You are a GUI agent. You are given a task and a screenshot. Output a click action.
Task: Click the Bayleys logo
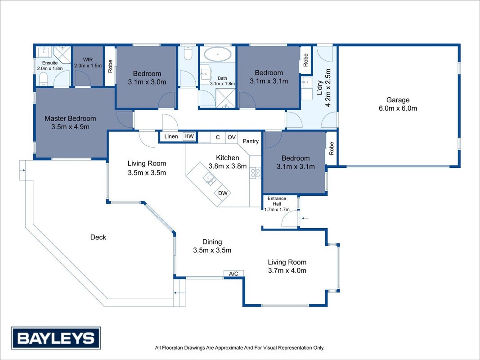[56, 338]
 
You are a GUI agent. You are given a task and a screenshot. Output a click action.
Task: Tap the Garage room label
[398, 100]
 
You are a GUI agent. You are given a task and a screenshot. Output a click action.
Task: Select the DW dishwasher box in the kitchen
[223, 193]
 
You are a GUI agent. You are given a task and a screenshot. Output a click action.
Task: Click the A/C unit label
[233, 273]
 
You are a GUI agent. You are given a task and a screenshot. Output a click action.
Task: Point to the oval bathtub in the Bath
[218, 54]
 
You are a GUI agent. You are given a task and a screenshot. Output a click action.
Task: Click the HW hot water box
[189, 136]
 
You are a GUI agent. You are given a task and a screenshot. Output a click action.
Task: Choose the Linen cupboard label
[171, 136]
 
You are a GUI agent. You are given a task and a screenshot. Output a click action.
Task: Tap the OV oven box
[231, 137]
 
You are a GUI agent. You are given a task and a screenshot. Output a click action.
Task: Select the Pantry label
[251, 141]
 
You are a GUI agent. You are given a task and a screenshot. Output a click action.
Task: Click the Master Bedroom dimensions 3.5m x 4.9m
[71, 127]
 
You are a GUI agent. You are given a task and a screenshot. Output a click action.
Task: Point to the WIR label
[88, 60]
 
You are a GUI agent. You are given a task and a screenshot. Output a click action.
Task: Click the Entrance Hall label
[277, 201]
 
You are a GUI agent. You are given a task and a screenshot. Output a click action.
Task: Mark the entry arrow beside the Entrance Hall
[305, 218]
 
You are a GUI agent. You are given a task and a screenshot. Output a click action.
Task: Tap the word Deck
[98, 237]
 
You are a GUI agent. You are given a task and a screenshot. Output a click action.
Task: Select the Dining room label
[212, 242]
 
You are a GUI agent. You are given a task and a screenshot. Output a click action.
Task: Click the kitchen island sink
[210, 179]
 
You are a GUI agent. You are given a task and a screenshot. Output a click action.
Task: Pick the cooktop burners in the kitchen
[256, 173]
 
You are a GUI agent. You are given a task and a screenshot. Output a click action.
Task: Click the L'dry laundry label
[320, 88]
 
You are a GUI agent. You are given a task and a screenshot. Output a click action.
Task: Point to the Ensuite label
[50, 63]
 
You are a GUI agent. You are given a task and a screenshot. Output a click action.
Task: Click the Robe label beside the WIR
[110, 66]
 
